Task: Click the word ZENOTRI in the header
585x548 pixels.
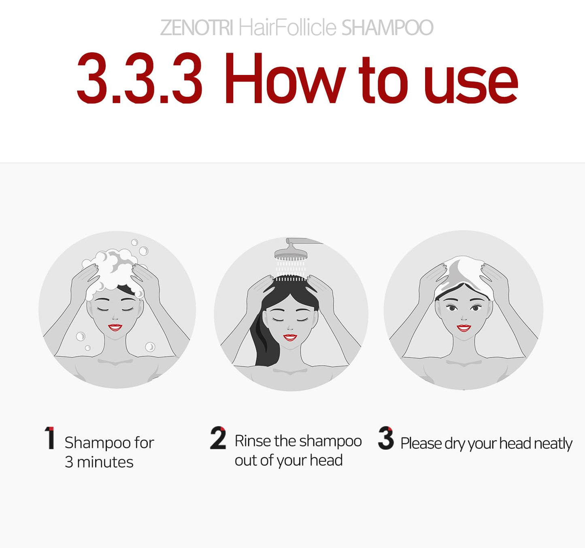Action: (196, 28)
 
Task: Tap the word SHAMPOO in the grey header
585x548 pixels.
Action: (387, 28)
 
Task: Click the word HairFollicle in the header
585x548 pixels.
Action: (287, 28)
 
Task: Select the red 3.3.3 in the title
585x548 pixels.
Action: (139, 79)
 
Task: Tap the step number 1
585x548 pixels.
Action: (50, 438)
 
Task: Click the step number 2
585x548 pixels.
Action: (218, 438)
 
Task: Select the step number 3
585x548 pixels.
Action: (386, 438)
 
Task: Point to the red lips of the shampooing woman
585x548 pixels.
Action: (115, 327)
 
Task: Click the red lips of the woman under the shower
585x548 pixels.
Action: (290, 337)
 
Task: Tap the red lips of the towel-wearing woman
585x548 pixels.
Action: (464, 328)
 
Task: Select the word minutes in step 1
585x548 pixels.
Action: (105, 462)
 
